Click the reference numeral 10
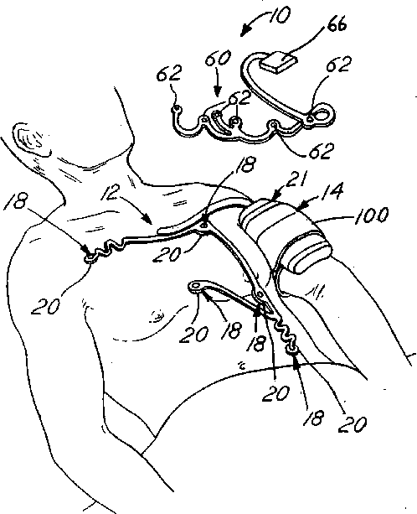click(x=279, y=16)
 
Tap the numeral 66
click(x=337, y=24)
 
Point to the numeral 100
click(x=372, y=215)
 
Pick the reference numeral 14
click(x=333, y=191)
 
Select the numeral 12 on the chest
click(x=111, y=192)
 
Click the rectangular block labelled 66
click(x=278, y=63)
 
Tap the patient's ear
click(x=31, y=139)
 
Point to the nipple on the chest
click(x=157, y=316)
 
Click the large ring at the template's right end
click(x=321, y=116)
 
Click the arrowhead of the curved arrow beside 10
click(x=244, y=32)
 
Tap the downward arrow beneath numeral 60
click(x=217, y=86)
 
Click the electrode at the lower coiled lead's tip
click(x=291, y=351)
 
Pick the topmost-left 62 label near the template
click(x=169, y=73)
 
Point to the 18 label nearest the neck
click(x=247, y=164)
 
